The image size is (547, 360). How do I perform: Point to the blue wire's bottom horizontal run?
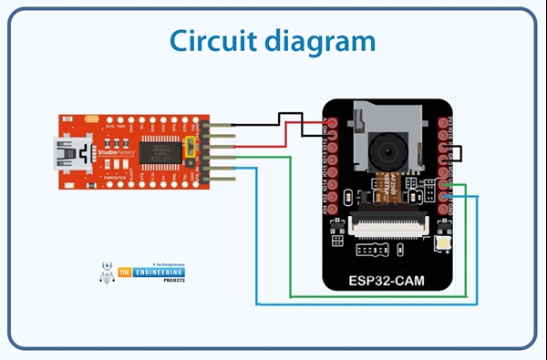[x=365, y=304]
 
